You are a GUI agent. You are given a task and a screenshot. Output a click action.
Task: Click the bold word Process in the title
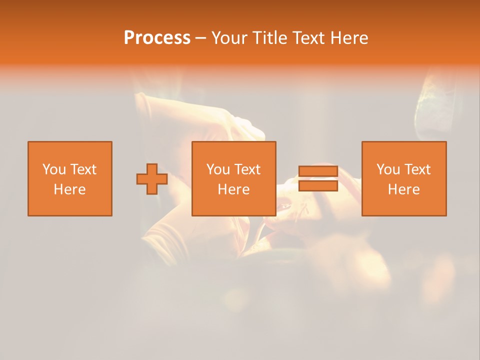157,38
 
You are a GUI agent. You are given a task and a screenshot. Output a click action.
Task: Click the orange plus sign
152,179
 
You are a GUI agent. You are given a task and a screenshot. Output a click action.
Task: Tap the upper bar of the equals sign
318,171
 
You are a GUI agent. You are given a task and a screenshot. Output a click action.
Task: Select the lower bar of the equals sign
318,186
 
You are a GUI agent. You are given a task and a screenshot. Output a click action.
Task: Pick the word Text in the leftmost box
83,169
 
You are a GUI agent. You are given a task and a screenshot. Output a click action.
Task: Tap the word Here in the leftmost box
69,189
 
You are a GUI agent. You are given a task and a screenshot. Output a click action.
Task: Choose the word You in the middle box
218,169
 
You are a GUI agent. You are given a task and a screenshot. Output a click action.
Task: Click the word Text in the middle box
247,169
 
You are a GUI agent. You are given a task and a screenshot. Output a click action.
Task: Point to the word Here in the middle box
233,189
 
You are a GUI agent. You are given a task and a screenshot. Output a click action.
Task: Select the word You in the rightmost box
388,169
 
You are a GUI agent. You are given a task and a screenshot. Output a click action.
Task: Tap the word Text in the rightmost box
417,169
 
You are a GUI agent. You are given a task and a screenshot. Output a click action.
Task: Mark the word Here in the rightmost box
403,189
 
